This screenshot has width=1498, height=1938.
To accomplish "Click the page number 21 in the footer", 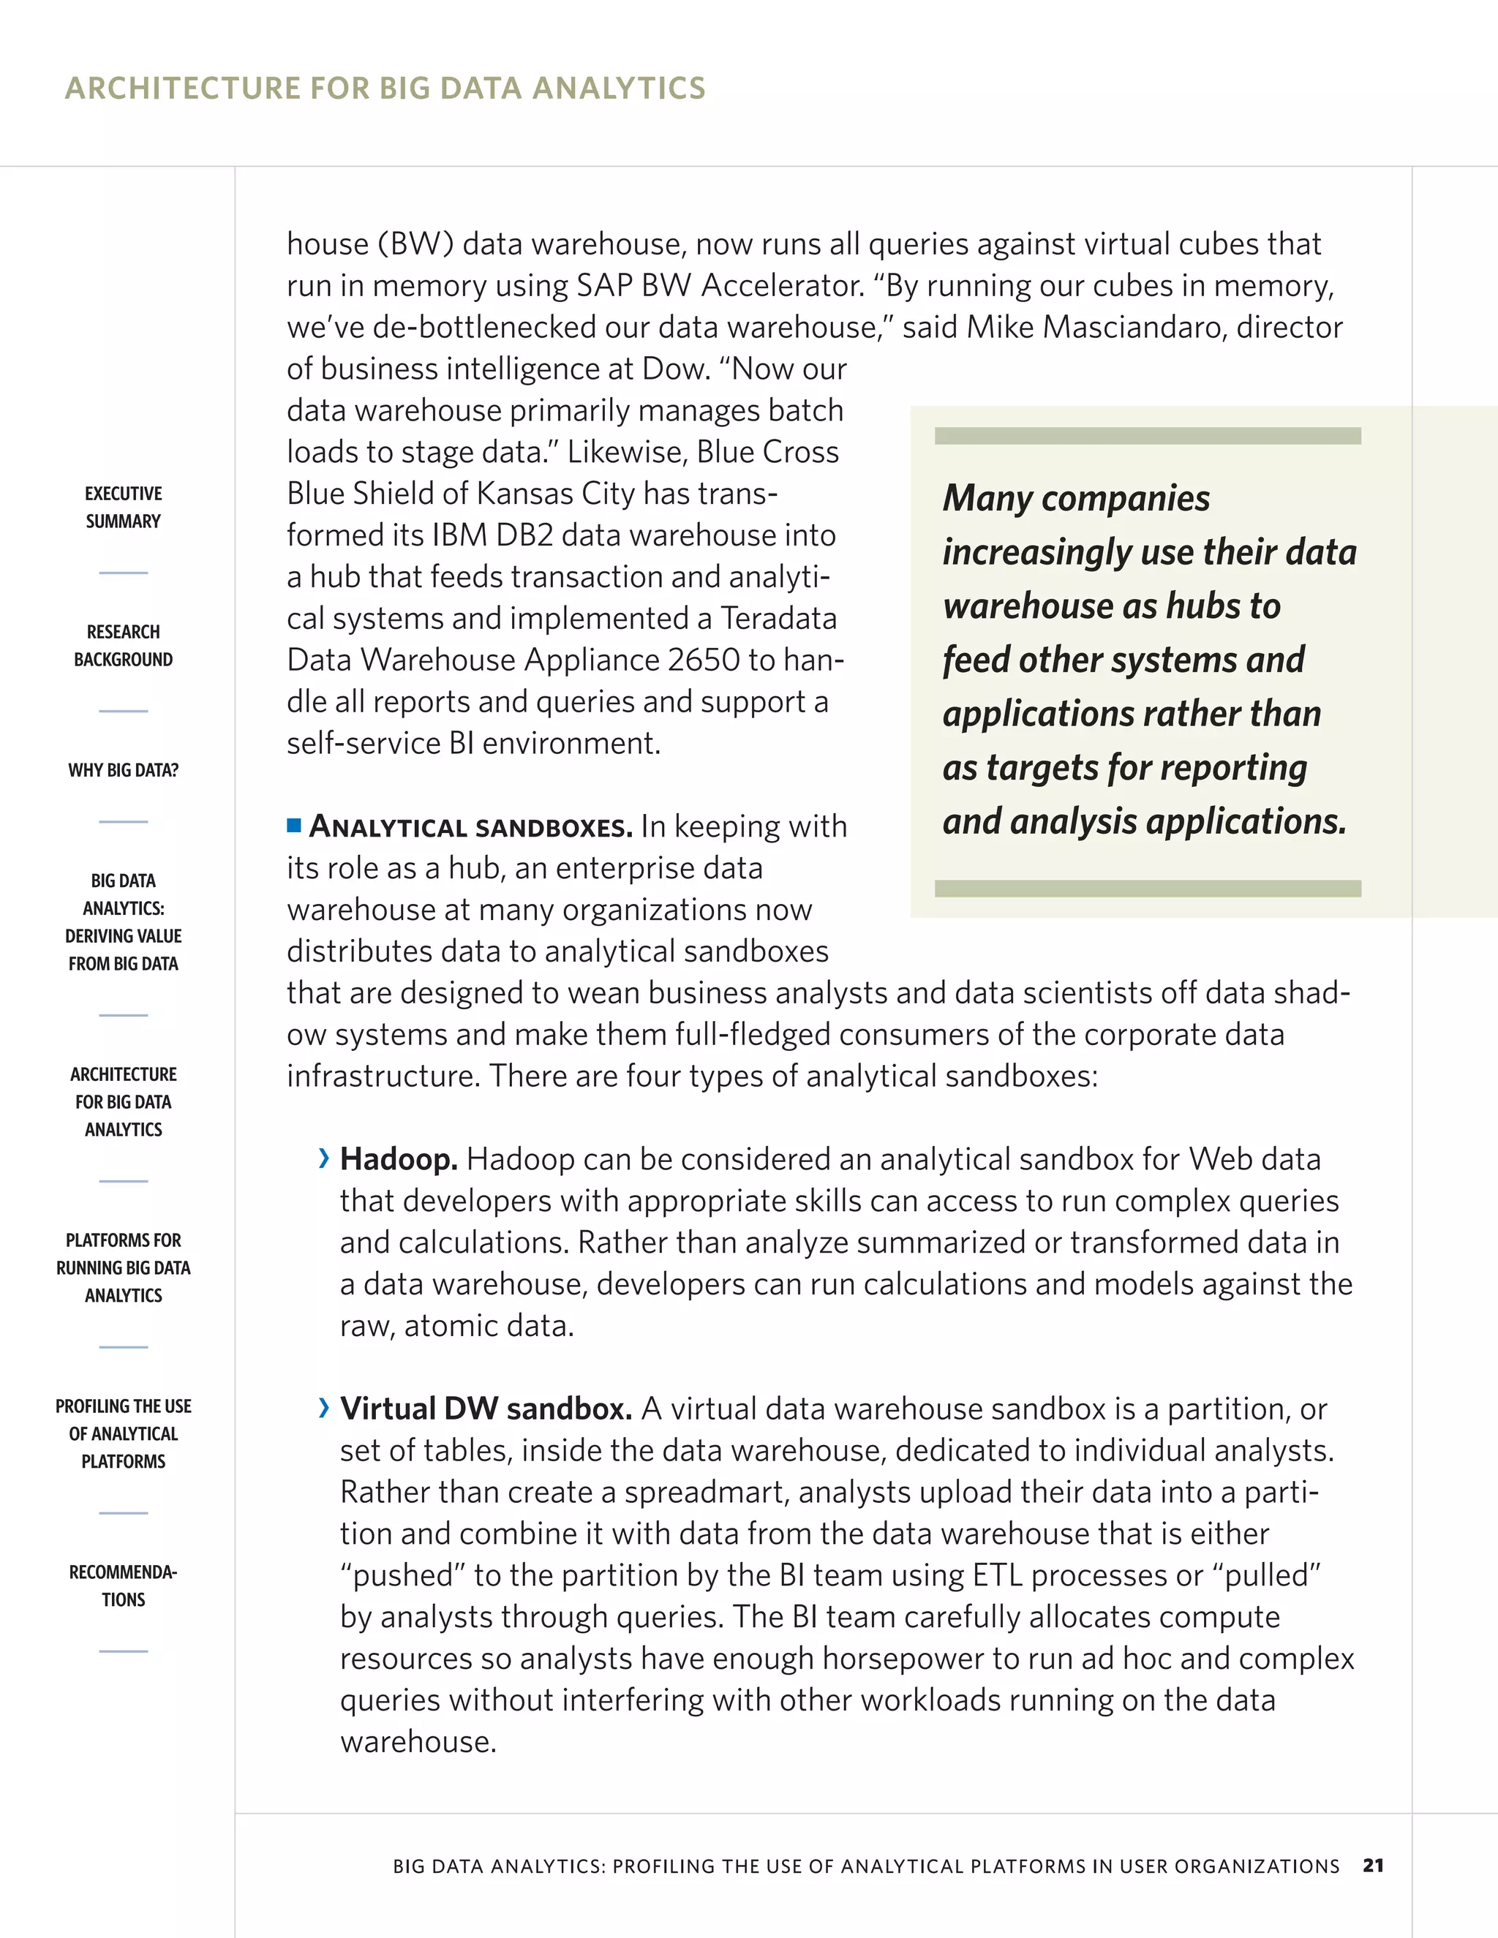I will (x=1373, y=1866).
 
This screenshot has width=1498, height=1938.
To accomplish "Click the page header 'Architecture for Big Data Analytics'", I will (x=385, y=88).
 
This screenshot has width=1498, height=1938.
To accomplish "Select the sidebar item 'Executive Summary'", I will (x=124, y=507).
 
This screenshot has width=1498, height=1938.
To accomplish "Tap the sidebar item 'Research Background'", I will (x=124, y=645).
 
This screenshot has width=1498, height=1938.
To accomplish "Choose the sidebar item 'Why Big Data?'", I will (x=124, y=770).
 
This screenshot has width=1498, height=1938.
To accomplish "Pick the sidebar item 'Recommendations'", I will (x=124, y=1586).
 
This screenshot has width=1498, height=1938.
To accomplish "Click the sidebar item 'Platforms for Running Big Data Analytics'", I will (x=124, y=1267).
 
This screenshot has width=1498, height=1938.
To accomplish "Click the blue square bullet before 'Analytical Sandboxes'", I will (x=294, y=826).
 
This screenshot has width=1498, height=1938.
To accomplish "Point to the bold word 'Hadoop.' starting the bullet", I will (x=399, y=1159).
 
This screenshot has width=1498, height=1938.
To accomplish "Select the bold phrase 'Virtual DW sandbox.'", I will (x=486, y=1409).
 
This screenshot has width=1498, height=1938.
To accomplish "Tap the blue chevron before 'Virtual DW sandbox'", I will (x=324, y=1407).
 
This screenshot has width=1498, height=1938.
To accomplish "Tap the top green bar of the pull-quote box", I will (x=1148, y=436).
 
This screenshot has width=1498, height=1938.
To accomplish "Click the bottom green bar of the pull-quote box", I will (x=1148, y=889).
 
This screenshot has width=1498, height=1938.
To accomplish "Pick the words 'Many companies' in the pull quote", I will (x=1075, y=498).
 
